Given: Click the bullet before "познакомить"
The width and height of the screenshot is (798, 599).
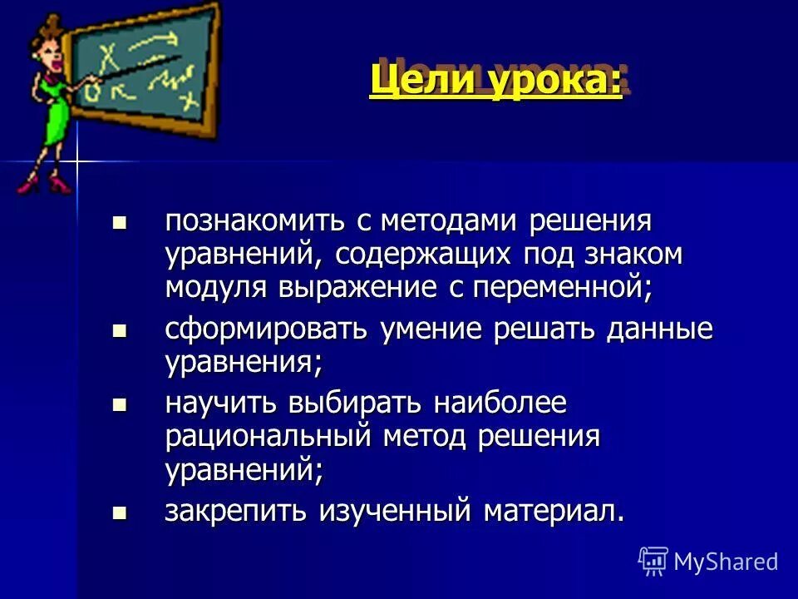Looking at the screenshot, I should coord(120,223).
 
